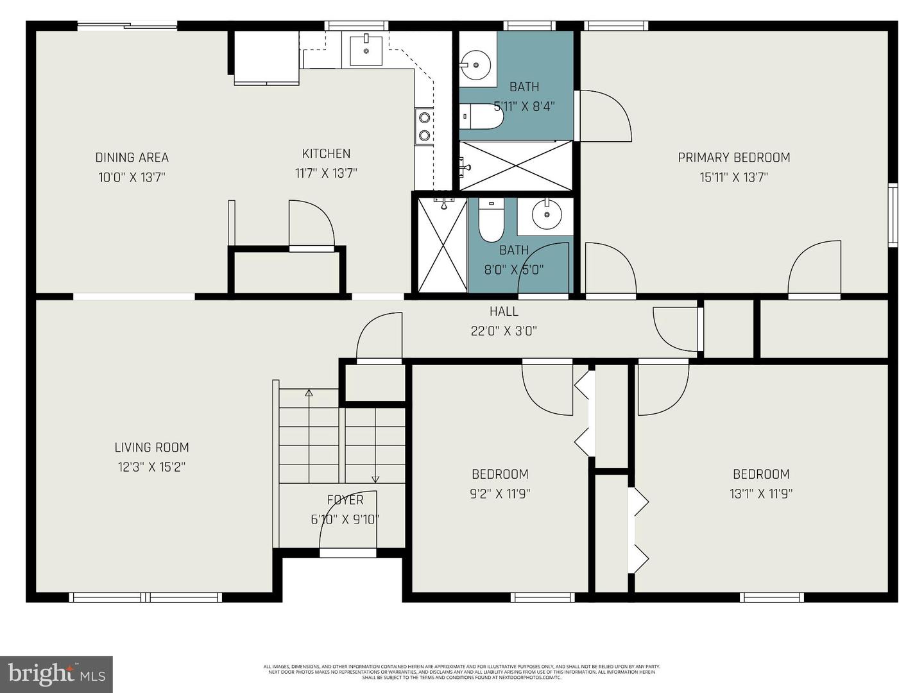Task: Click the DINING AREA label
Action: (132, 157)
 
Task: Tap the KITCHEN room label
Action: (326, 153)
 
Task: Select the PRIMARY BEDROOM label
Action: (733, 157)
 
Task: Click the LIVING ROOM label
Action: (151, 447)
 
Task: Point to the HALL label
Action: (504, 311)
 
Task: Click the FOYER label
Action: (345, 500)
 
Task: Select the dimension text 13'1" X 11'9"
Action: (761, 493)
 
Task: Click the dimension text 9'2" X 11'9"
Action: (500, 493)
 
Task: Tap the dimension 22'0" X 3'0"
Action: (504, 331)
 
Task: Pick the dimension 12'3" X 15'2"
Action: (151, 467)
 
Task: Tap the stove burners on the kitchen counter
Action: (424, 126)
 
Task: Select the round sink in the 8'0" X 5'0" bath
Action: (545, 215)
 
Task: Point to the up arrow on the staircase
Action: (309, 393)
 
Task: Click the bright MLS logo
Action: (56, 674)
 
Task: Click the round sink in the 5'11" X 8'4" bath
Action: (475, 64)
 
